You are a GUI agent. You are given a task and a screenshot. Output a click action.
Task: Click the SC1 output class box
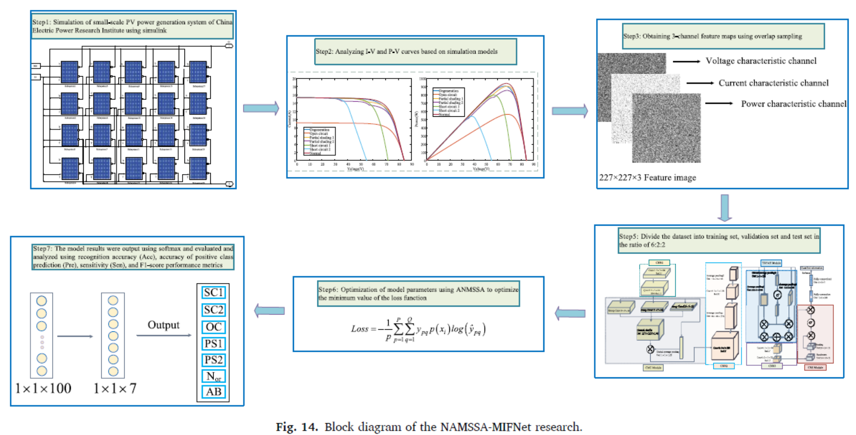pyautogui.click(x=213, y=292)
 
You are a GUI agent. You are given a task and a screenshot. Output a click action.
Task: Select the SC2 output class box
pyautogui.click(x=213, y=310)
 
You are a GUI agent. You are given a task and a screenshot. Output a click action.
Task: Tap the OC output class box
pyautogui.click(x=213, y=327)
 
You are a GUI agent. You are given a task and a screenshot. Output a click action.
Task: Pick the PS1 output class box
pyautogui.click(x=213, y=344)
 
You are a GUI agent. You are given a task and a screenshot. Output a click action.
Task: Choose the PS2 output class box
pyautogui.click(x=213, y=360)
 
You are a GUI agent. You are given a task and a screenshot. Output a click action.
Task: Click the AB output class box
pyautogui.click(x=213, y=392)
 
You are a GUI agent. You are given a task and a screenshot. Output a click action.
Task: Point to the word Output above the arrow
pyautogui.click(x=163, y=325)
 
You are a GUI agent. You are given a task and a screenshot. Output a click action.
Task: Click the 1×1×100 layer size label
pyautogui.click(x=43, y=388)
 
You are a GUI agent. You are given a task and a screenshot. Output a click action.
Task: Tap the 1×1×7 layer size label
pyautogui.click(x=115, y=388)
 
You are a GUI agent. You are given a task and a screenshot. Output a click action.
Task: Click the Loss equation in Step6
pyautogui.click(x=418, y=329)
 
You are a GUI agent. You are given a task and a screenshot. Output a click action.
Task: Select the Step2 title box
pyautogui.click(x=415, y=52)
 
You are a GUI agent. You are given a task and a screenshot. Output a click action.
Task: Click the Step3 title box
pyautogui.click(x=723, y=36)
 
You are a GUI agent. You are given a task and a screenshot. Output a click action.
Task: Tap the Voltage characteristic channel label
pyautogui.click(x=761, y=61)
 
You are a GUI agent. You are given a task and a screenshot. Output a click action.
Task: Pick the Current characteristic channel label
pyautogui.click(x=773, y=83)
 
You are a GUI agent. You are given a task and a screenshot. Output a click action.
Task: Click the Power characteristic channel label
pyautogui.click(x=793, y=104)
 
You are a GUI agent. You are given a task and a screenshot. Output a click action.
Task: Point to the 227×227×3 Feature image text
pyautogui.click(x=647, y=178)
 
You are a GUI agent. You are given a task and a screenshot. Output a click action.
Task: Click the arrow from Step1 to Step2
pyautogui.click(x=261, y=109)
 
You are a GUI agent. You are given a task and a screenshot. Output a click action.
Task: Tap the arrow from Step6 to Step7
pyautogui.click(x=269, y=310)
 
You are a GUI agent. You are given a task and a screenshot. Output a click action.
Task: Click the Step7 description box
pyautogui.click(x=133, y=257)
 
